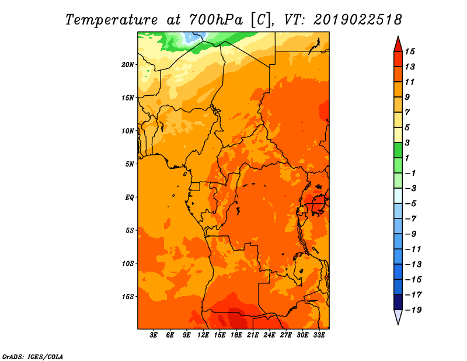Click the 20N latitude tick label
tap(128, 65)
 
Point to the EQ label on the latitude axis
tap(129, 197)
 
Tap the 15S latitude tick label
tap(128, 297)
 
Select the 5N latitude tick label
tap(130, 164)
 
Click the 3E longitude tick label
tap(154, 335)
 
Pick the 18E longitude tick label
tap(236, 335)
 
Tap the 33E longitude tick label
tap(319, 335)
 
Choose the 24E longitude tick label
tap(269, 335)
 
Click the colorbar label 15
tap(410, 51)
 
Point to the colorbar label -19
tap(413, 310)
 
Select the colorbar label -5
tap(411, 204)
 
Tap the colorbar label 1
tap(407, 158)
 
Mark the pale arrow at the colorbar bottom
tap(398, 316)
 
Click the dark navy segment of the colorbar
tap(398, 302)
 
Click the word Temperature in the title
tap(111, 20)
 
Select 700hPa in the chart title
tap(216, 20)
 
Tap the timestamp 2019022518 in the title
tap(358, 20)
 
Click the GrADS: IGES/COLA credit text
tap(33, 357)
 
